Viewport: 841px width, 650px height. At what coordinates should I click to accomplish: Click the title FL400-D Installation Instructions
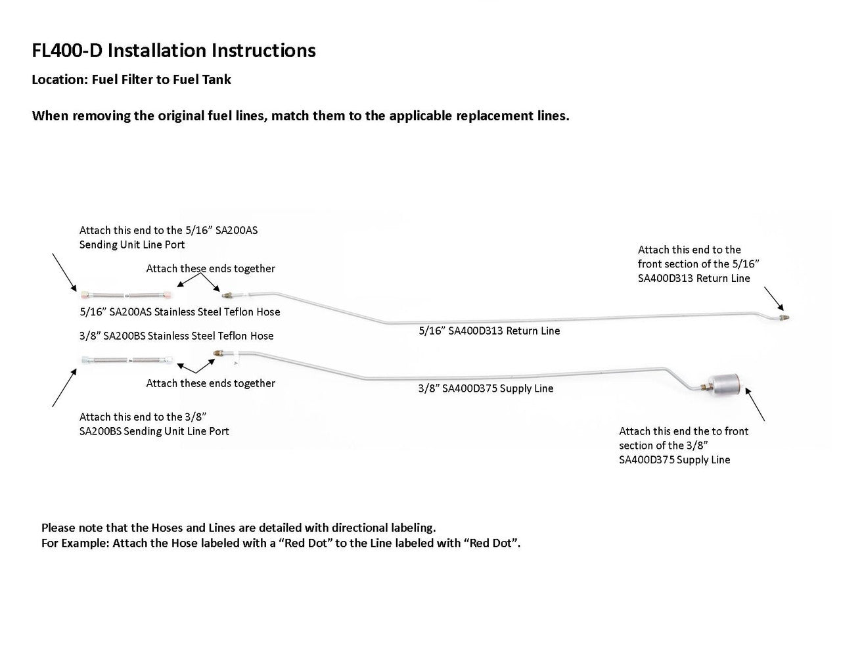pyautogui.click(x=173, y=51)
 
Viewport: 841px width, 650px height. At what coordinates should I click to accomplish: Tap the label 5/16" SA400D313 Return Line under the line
pyautogui.click(x=489, y=331)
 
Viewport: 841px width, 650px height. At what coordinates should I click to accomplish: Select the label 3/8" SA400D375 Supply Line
pyautogui.click(x=486, y=388)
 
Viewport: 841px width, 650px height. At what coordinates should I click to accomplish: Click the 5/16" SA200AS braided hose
pyautogui.click(x=124, y=294)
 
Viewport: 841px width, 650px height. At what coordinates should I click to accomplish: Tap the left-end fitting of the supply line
pyautogui.click(x=218, y=355)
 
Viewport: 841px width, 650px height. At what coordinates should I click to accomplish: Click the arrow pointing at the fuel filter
pyautogui.click(x=756, y=404)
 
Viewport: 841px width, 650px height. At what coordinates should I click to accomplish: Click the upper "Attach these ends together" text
pyautogui.click(x=210, y=269)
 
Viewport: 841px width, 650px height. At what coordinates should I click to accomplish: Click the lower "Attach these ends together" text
pyautogui.click(x=210, y=383)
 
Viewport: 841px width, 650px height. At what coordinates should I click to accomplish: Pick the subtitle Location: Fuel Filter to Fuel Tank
pyautogui.click(x=131, y=80)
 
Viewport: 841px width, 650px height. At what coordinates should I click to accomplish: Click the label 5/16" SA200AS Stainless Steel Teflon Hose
pyautogui.click(x=179, y=312)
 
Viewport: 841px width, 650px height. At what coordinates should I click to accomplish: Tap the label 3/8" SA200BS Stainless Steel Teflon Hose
pyautogui.click(x=176, y=336)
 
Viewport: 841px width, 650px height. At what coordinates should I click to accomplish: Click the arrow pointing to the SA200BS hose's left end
pyautogui.click(x=64, y=388)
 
